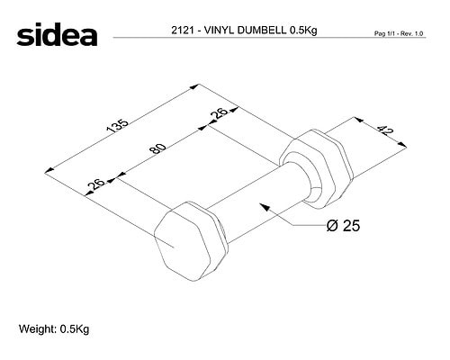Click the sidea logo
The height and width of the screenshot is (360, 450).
pos(57,34)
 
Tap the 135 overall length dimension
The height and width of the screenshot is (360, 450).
pos(118,126)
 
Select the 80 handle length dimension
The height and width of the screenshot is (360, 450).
pos(158,148)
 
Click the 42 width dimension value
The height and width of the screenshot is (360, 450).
pos(384,130)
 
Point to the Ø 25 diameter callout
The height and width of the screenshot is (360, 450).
pos(343,225)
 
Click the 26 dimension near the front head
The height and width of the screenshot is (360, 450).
pos(96,184)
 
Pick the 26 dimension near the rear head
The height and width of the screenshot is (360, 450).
pos(219,113)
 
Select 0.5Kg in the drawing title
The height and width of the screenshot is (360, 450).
pos(303,31)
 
